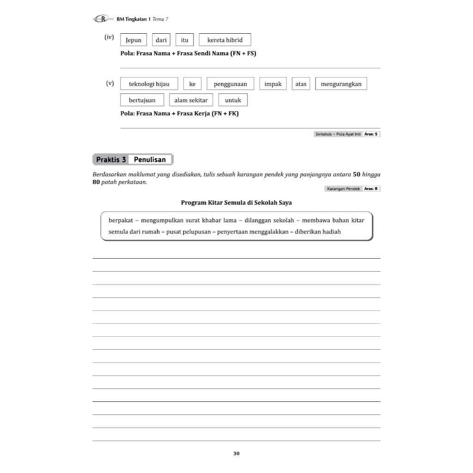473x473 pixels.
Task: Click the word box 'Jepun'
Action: [x=133, y=40]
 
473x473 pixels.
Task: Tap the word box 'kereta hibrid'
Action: [x=225, y=40]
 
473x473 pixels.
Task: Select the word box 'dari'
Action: [x=161, y=40]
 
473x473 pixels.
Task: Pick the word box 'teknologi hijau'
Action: [x=149, y=84]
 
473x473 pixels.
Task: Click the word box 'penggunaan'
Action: [x=230, y=84]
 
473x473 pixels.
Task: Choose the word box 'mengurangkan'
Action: [x=341, y=84]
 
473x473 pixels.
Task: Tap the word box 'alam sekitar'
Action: [x=191, y=100]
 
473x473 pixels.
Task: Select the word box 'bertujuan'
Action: [x=142, y=100]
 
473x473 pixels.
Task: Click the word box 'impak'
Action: [x=273, y=84]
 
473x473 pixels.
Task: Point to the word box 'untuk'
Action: [x=233, y=100]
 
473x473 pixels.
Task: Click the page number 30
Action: [x=236, y=454]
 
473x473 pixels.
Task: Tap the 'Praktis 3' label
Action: [x=111, y=160]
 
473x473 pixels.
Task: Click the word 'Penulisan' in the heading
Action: [x=150, y=160]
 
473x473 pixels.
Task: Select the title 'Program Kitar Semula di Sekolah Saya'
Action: [x=236, y=202]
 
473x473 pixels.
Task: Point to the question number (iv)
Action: [x=109, y=37]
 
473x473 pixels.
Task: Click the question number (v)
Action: [x=110, y=84]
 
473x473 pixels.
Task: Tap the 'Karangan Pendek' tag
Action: [x=343, y=189]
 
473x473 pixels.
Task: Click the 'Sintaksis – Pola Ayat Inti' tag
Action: [x=338, y=134]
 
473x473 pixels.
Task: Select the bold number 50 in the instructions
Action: [x=357, y=175]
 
